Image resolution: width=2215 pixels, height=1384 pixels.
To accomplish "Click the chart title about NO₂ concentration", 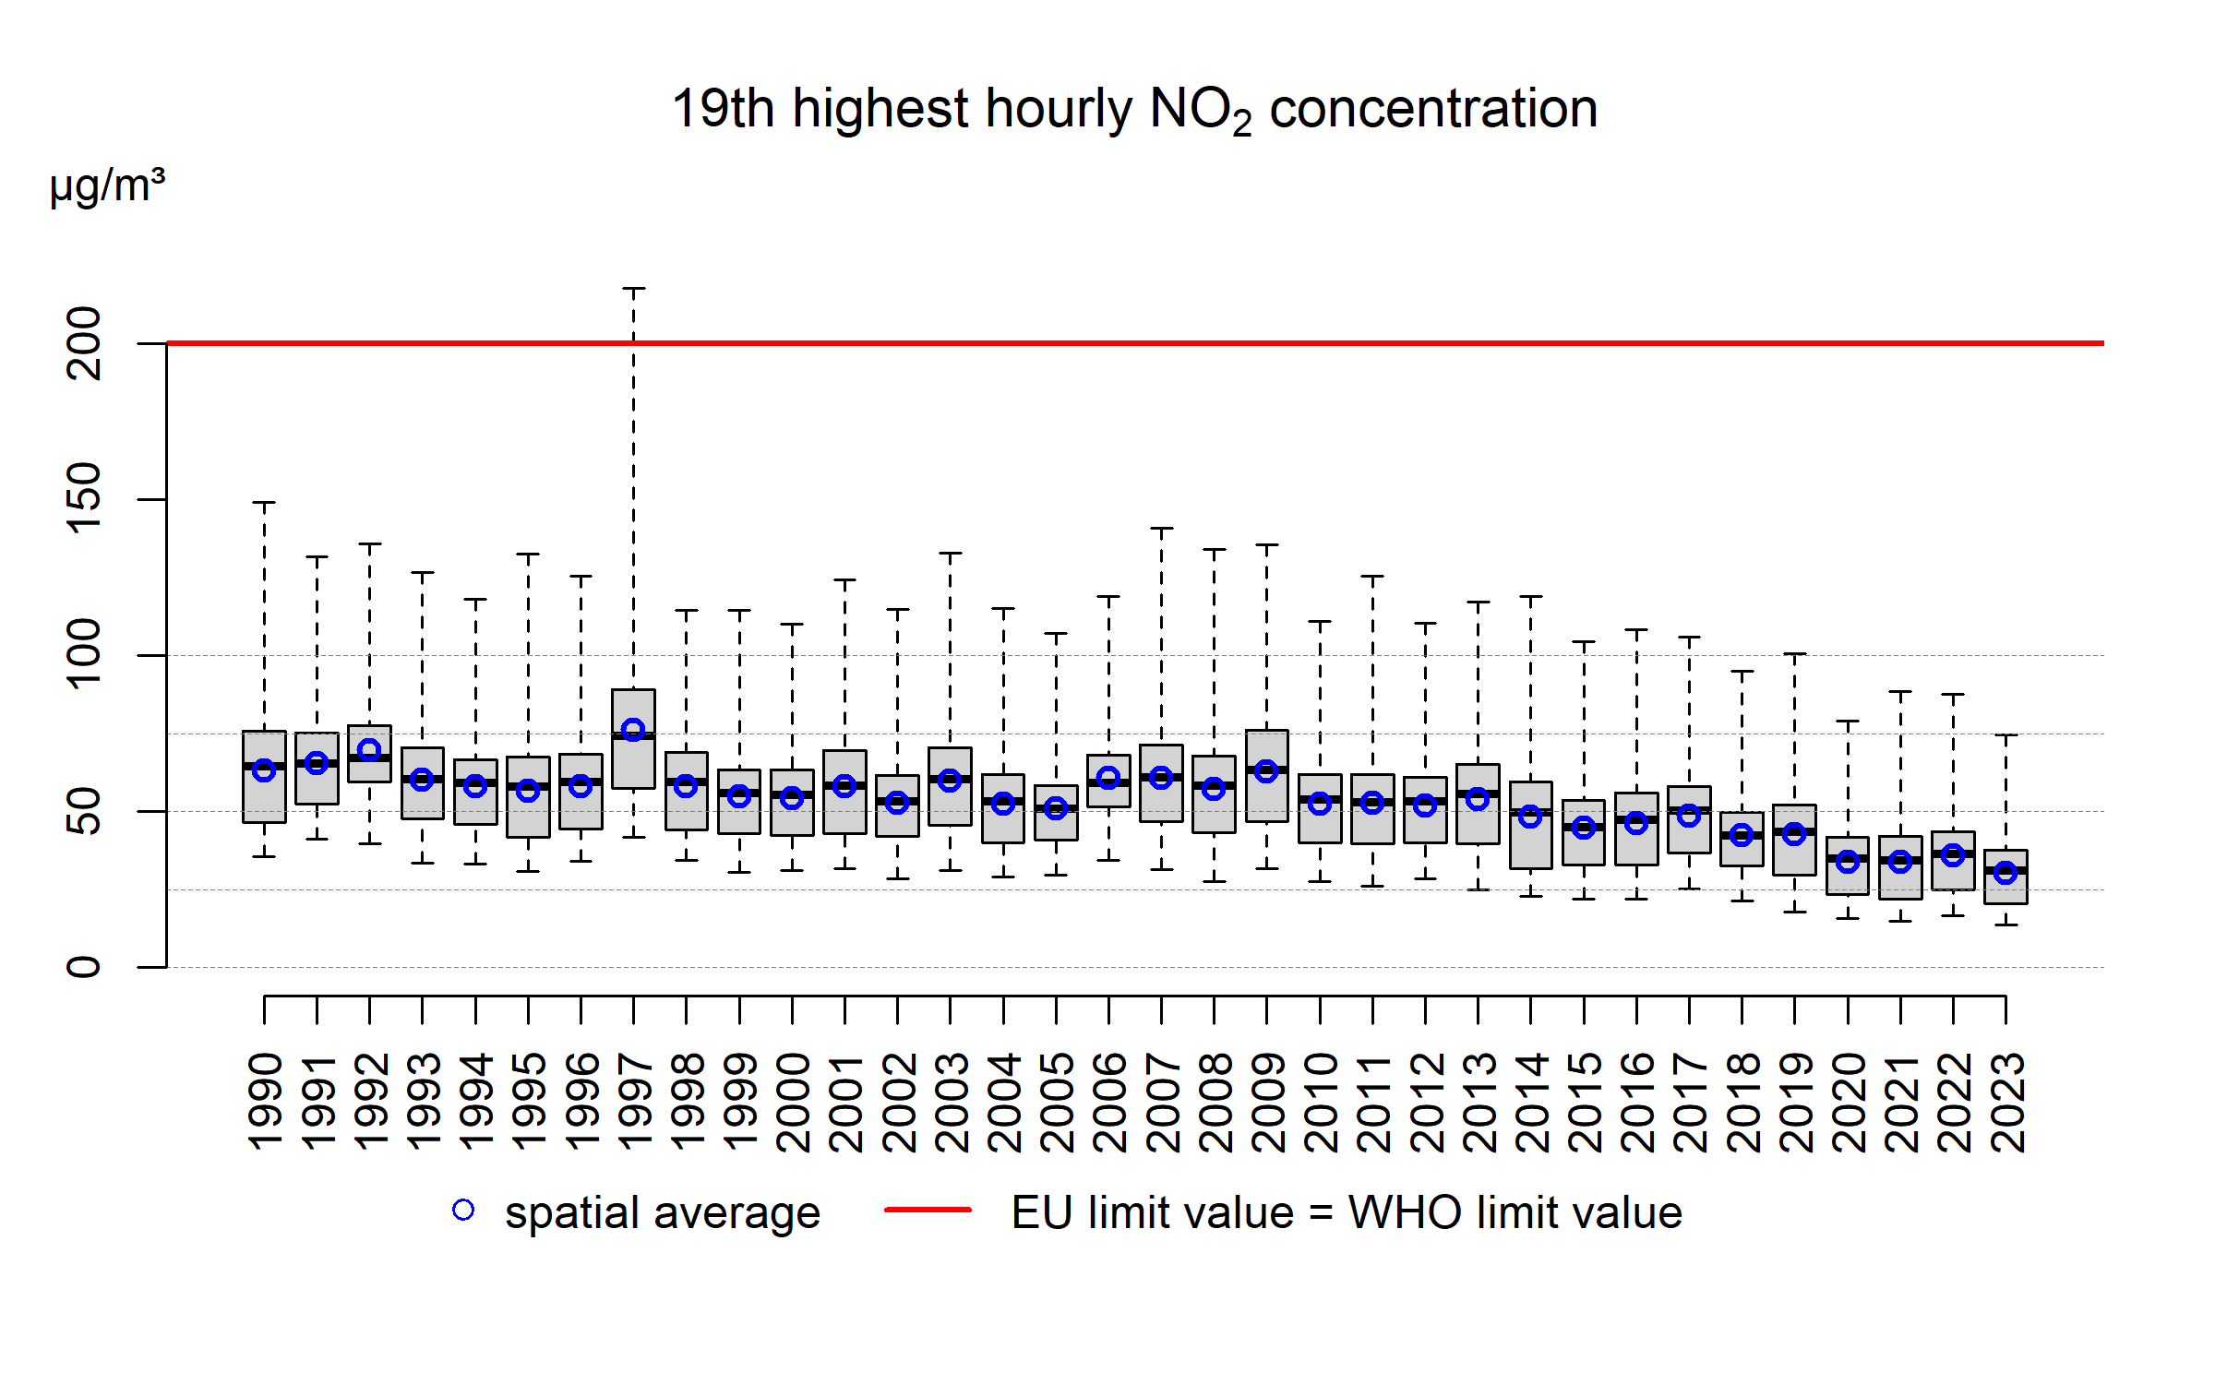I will point(1134,110).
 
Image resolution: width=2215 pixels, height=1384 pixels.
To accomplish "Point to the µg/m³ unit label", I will point(107,186).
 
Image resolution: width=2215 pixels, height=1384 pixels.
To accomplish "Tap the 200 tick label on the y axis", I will point(84,343).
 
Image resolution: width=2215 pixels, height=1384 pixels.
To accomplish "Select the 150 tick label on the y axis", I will point(84,499).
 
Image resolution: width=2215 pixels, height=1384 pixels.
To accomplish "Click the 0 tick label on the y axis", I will point(84,967).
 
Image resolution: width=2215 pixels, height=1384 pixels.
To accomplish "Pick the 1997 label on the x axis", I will point(635,1103).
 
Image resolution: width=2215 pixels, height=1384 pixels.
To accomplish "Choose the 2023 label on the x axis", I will point(2006,1103).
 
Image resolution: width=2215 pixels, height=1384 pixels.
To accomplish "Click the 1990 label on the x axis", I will point(266,1103).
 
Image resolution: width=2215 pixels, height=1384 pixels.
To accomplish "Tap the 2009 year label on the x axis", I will point(1268,1103).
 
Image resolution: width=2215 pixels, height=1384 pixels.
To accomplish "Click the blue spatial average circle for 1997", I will point(633,730).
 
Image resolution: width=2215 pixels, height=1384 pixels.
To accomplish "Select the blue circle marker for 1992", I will point(369,750).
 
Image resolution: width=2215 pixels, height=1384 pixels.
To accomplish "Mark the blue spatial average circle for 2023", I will point(2005,872).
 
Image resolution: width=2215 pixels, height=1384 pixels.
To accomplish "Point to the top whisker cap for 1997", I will point(633,289).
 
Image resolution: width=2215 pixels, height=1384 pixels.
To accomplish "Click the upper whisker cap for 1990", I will point(264,503).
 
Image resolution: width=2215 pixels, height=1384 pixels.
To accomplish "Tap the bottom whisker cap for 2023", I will point(2005,925).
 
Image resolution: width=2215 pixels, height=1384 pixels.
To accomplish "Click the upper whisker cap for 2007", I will point(1161,529).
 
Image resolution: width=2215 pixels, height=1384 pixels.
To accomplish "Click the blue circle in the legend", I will point(463,1210).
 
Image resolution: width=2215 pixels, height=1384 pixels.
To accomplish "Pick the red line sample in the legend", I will point(928,1210).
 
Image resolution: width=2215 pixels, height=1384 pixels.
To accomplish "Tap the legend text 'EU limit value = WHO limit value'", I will point(1346,1212).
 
